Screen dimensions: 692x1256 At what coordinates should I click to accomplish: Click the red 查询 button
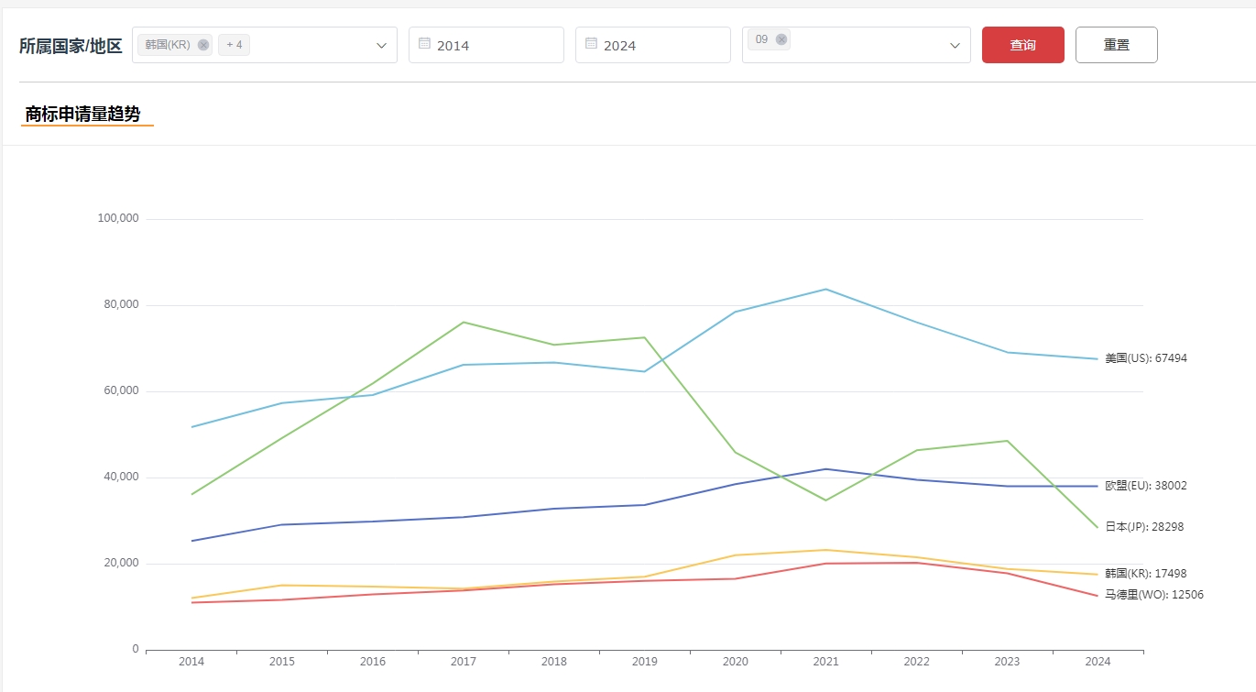point(1022,45)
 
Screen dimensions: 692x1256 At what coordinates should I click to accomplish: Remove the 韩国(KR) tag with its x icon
point(203,45)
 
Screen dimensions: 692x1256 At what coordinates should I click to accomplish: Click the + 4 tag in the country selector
point(234,45)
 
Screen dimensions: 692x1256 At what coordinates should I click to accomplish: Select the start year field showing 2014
point(486,45)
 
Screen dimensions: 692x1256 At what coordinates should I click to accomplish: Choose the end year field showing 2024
point(652,45)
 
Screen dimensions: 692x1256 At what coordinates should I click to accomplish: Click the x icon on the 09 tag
point(781,39)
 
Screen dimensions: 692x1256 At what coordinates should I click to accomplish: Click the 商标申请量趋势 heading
point(83,115)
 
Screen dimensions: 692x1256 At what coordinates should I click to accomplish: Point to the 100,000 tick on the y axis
point(117,218)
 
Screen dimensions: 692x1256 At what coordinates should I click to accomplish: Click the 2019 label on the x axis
point(644,662)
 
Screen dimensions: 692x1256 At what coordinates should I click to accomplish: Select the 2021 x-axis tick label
point(825,662)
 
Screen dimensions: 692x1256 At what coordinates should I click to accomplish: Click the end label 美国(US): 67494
point(1145,358)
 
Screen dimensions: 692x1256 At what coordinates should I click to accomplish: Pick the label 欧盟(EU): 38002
point(1145,486)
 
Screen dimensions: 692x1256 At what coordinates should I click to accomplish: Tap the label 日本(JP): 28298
point(1145,527)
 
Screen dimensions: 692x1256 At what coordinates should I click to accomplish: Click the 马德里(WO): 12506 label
point(1153,595)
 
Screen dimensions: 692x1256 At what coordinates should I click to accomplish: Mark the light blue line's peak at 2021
point(825,289)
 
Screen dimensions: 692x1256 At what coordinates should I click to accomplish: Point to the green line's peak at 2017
point(464,322)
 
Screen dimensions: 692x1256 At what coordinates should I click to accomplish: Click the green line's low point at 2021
point(825,500)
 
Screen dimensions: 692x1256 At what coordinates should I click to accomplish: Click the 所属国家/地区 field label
point(71,46)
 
